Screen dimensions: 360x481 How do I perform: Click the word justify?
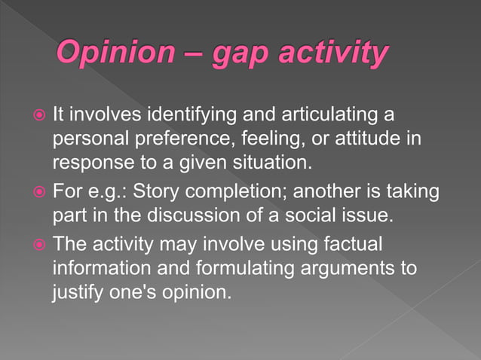(x=77, y=292)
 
